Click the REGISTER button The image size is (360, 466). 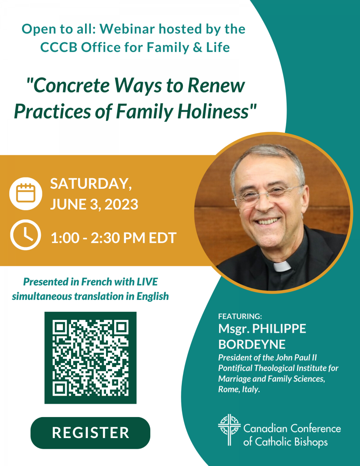pos(90,433)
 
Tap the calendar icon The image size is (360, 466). pos(26,193)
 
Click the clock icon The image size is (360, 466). pos(26,235)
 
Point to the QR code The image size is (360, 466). pos(90,358)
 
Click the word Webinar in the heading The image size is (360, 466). pos(127,29)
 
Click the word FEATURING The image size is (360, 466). pos(240,316)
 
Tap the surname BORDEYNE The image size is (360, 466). pos(252,344)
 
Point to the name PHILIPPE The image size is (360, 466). pos(279,329)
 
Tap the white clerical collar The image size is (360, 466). pos(282,266)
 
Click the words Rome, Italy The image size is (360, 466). pos(239,389)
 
